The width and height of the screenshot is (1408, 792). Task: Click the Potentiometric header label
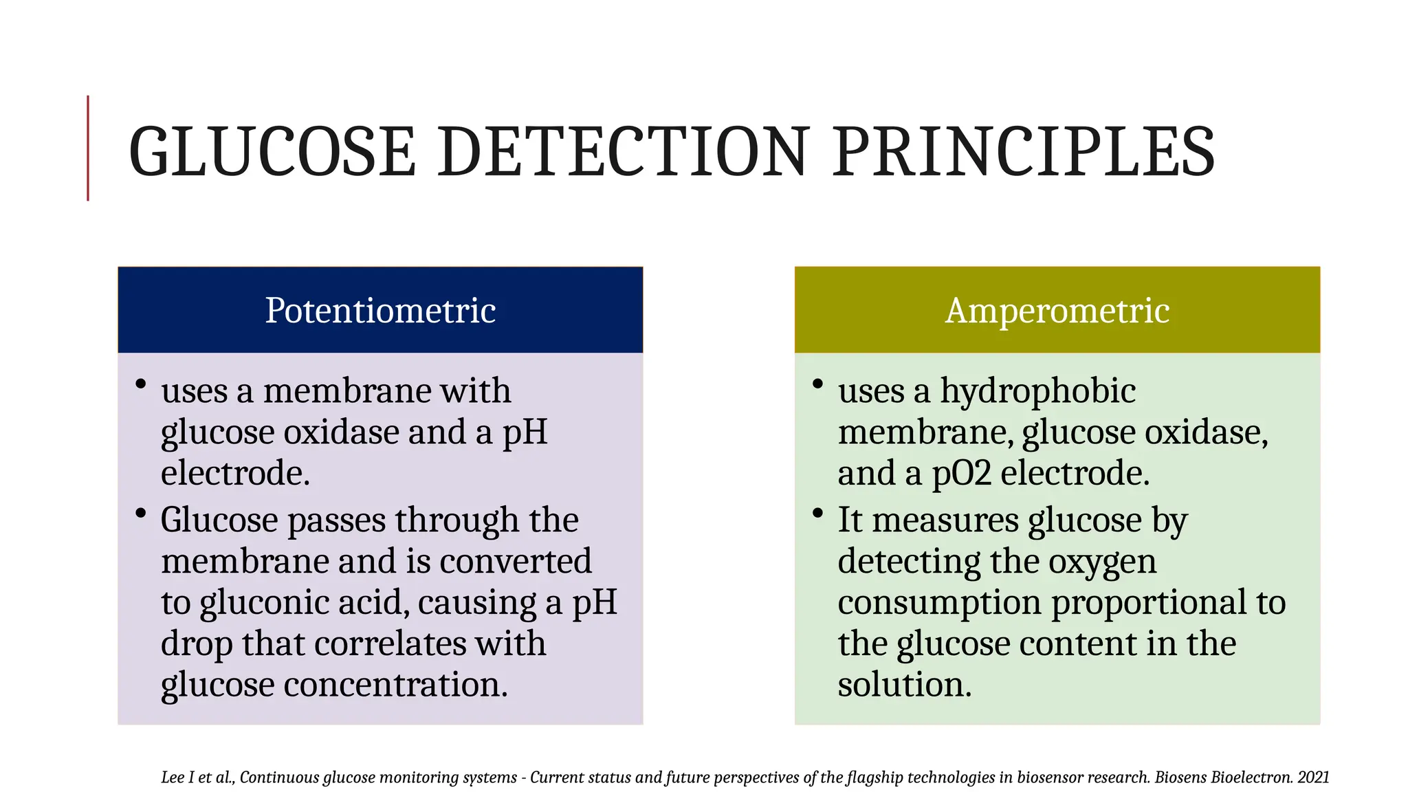(x=380, y=310)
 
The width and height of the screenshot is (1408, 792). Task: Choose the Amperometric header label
(x=1057, y=310)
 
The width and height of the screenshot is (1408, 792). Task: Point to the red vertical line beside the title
(x=88, y=148)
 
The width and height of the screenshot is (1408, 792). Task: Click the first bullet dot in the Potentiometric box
(x=141, y=384)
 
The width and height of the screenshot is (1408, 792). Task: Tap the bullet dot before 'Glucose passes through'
(x=141, y=513)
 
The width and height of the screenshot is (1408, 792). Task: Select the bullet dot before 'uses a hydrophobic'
(x=817, y=384)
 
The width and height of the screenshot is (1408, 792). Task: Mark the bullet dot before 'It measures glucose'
(x=817, y=513)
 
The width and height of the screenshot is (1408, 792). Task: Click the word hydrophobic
(x=1037, y=392)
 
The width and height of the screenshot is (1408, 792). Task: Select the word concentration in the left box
(x=395, y=685)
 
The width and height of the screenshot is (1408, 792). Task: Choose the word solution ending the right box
(x=904, y=685)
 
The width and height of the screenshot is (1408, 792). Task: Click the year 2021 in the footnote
(x=1313, y=778)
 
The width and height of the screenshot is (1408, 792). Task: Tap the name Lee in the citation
(x=172, y=778)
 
